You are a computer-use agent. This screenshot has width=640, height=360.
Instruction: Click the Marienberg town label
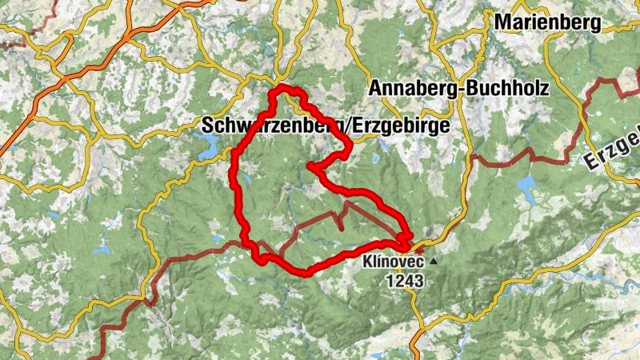coord(547,22)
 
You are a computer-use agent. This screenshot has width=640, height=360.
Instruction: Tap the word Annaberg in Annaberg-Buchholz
coord(415,89)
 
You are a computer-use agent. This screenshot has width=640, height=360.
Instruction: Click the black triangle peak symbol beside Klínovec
coord(434,262)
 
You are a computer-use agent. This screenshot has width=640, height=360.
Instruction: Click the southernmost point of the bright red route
coord(305,273)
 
